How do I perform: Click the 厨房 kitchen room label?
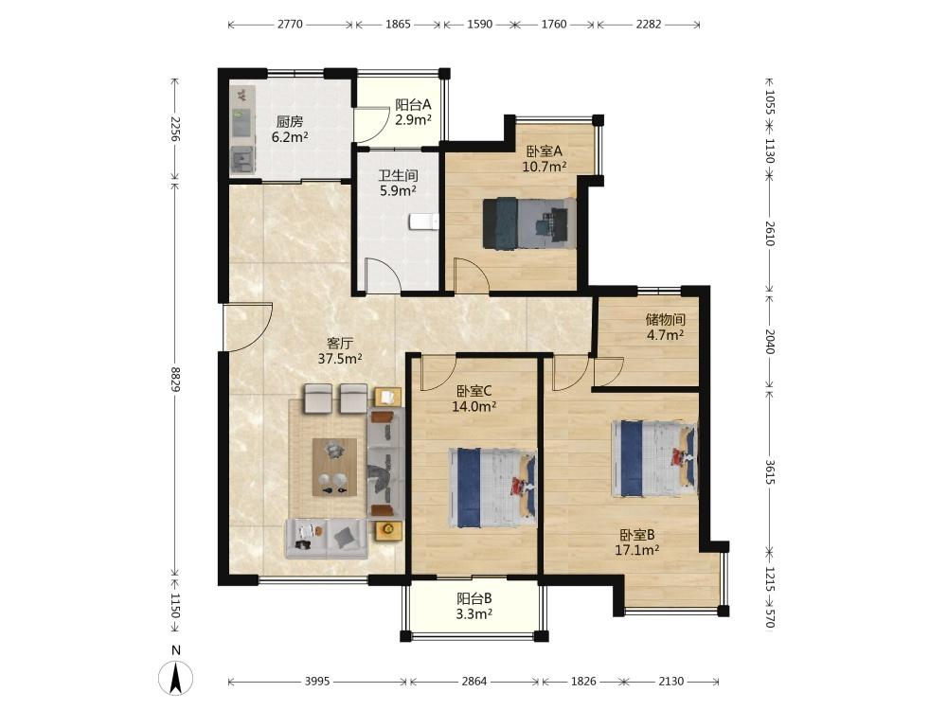290,121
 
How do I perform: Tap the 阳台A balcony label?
413,104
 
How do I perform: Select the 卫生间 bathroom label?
398,176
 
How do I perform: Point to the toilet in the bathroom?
422,222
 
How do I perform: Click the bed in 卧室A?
529,222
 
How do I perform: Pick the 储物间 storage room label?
665,319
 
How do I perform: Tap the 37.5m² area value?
340,359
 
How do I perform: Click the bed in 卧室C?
492,488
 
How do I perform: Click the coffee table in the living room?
334,468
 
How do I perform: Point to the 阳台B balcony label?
474,598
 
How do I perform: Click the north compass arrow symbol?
176,678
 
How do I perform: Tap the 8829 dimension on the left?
176,380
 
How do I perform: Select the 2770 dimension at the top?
290,25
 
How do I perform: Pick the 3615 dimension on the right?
769,472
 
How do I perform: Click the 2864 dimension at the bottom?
474,681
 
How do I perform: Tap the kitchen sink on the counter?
242,158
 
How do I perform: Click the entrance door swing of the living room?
247,327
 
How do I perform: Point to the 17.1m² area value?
636,550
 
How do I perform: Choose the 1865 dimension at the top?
398,25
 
